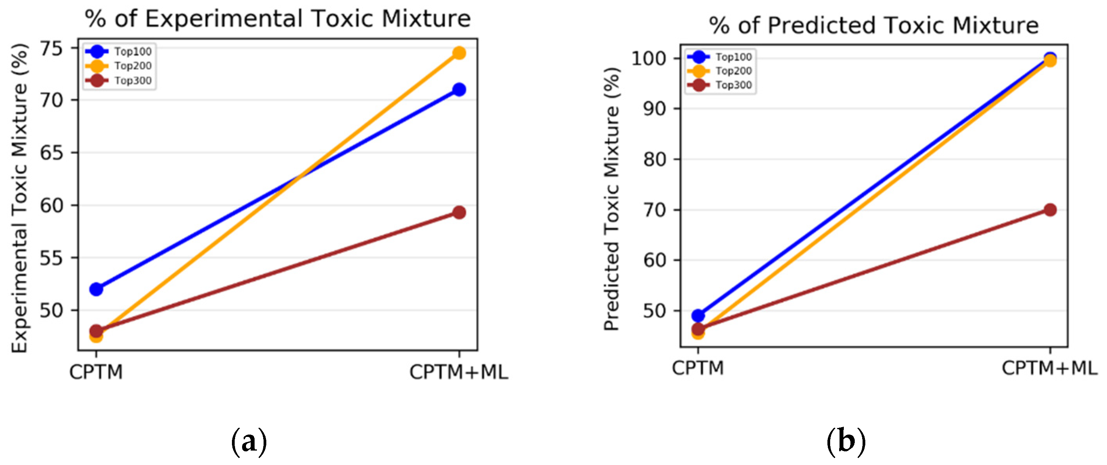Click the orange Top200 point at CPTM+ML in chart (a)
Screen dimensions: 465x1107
coord(459,53)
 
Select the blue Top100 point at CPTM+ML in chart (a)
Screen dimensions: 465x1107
coord(459,89)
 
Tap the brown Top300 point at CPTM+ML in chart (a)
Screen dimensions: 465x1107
coord(459,212)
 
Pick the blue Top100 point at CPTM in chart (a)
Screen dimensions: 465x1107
coord(96,289)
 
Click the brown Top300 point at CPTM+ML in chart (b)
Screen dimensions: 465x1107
coord(1050,210)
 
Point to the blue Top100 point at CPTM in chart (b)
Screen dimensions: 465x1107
coord(698,316)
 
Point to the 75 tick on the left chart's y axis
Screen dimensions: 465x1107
coord(52,48)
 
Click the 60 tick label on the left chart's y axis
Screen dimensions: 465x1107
coord(52,206)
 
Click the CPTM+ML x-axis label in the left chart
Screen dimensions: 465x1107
coord(458,372)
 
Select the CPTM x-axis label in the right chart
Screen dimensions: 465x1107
coord(698,368)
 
